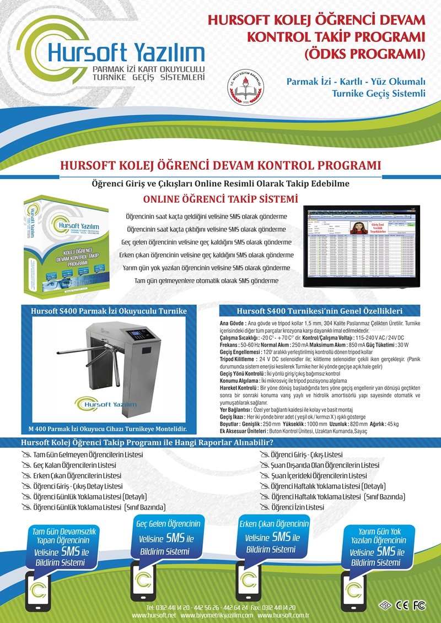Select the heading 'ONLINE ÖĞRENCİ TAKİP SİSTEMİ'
click(x=220, y=198)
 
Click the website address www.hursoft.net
click(x=154, y=615)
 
